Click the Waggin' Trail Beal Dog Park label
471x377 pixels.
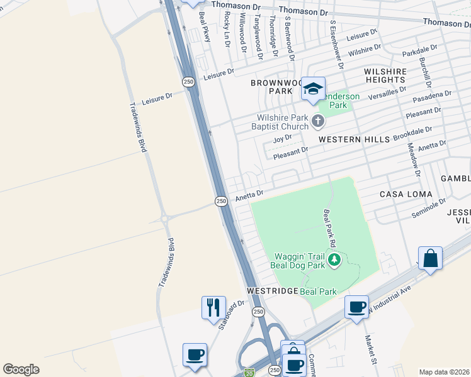(299, 260)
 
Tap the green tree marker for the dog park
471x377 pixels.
(335, 259)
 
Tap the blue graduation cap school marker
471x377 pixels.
(312, 89)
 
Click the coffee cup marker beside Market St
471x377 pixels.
(357, 307)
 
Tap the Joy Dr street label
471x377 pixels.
(282, 138)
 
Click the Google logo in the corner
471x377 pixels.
(21, 369)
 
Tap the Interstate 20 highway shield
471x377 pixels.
(249, 373)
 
